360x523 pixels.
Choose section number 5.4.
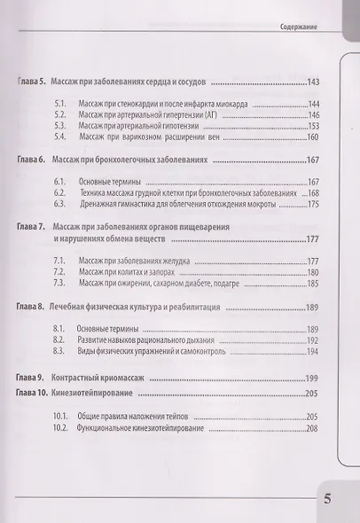pyautogui.click(x=60, y=137)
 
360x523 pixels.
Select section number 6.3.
pyautogui.click(x=60, y=203)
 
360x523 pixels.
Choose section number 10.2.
pyautogui.click(x=61, y=428)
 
